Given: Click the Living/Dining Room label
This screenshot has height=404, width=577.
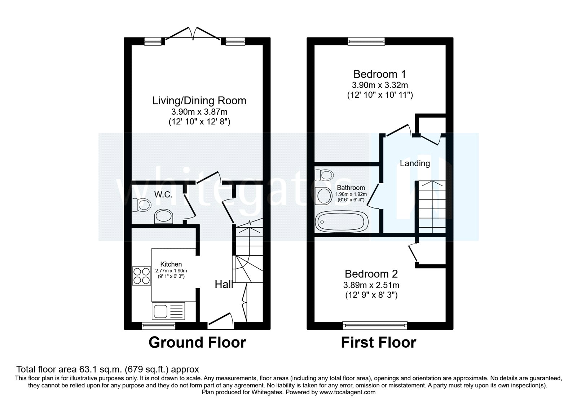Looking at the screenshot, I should click(x=199, y=100).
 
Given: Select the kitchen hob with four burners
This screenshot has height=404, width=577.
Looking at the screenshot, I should click(x=141, y=276).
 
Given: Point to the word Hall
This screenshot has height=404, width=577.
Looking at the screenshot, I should click(x=224, y=285).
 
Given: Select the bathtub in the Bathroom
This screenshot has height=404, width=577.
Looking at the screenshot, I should click(x=340, y=222).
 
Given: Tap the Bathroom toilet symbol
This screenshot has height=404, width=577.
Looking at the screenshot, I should click(x=323, y=175).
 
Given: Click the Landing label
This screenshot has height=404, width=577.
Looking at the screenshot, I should click(x=415, y=163).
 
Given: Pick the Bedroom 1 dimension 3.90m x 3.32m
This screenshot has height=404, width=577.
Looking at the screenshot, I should click(x=380, y=85).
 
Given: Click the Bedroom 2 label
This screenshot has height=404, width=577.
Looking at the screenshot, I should click(x=371, y=274).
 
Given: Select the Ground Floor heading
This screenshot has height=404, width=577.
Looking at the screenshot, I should click(x=197, y=342).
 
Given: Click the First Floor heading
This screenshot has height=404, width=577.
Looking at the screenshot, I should click(x=379, y=342).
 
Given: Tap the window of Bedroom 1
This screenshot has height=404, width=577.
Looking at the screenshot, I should click(x=366, y=42).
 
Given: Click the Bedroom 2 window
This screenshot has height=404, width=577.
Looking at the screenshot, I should click(x=375, y=326).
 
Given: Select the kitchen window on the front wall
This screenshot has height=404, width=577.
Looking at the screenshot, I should click(x=159, y=326).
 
